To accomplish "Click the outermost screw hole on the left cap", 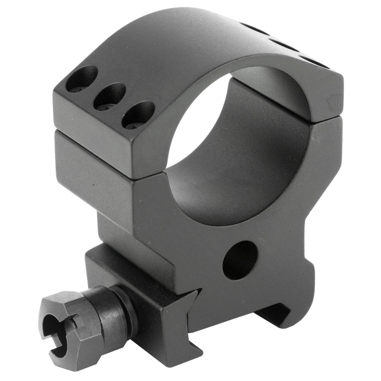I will pos(82,79).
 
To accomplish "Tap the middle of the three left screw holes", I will pos(109,96).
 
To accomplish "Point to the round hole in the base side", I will pos(240,260).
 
